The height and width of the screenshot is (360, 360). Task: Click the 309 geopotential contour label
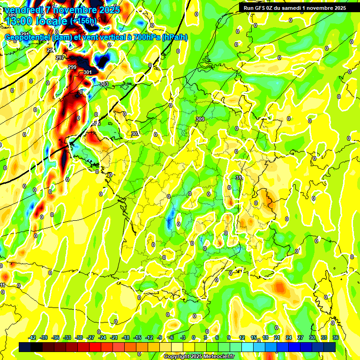[x=200, y=119]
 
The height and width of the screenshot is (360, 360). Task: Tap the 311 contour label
[x=239, y=178]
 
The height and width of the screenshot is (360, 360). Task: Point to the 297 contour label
[x=60, y=58]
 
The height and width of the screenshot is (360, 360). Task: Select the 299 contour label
[x=72, y=67]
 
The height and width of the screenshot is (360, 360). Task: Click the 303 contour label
[x=104, y=84]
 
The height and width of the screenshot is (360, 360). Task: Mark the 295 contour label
[x=51, y=50]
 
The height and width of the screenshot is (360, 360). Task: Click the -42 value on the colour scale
[x=32, y=337]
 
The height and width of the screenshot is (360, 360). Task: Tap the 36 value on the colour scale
[x=335, y=337]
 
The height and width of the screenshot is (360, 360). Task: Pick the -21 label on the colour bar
[x=114, y=337]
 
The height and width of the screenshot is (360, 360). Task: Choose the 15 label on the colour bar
[x=254, y=337]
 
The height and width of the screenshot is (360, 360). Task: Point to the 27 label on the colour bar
[x=300, y=337]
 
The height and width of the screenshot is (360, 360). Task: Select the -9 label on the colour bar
[x=160, y=337]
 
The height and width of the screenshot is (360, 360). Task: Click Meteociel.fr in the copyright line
[x=217, y=356]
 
